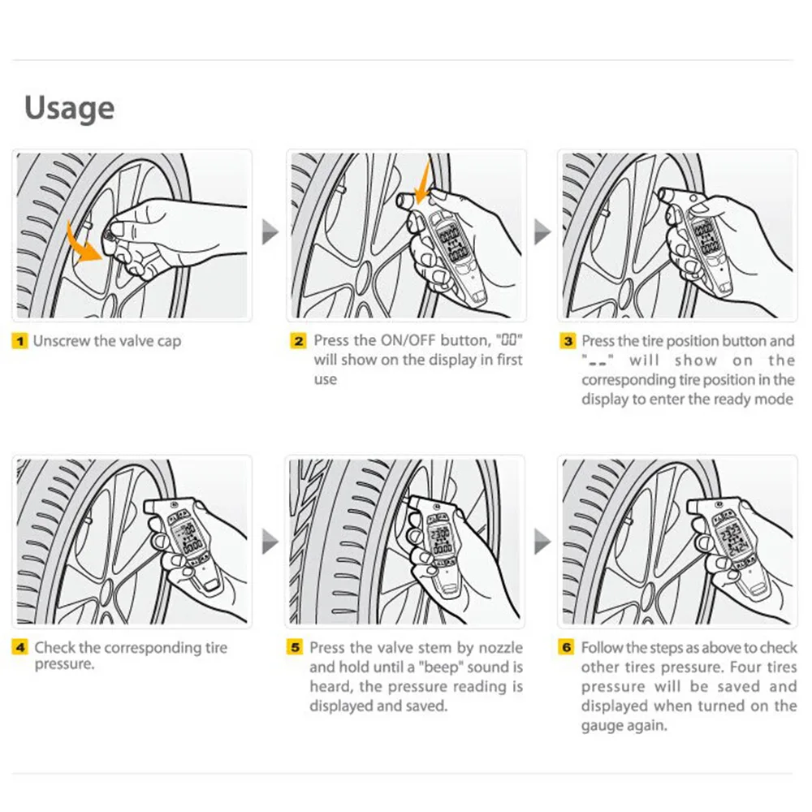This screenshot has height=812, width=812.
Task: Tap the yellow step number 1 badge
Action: tap(19, 341)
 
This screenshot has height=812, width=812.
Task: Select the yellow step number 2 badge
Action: tap(298, 341)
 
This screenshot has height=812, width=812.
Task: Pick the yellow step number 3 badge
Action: tap(568, 341)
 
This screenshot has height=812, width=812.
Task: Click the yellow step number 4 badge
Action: tap(19, 647)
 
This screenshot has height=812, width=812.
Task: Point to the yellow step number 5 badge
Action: tap(295, 647)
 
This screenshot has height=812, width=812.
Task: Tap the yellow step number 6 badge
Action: tap(567, 647)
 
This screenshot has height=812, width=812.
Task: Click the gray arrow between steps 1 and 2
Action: tap(270, 231)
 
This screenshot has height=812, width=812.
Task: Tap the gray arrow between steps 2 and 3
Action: tap(542, 231)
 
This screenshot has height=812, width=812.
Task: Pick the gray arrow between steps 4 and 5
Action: tap(270, 542)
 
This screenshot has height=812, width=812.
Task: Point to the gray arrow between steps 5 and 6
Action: tap(542, 542)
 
